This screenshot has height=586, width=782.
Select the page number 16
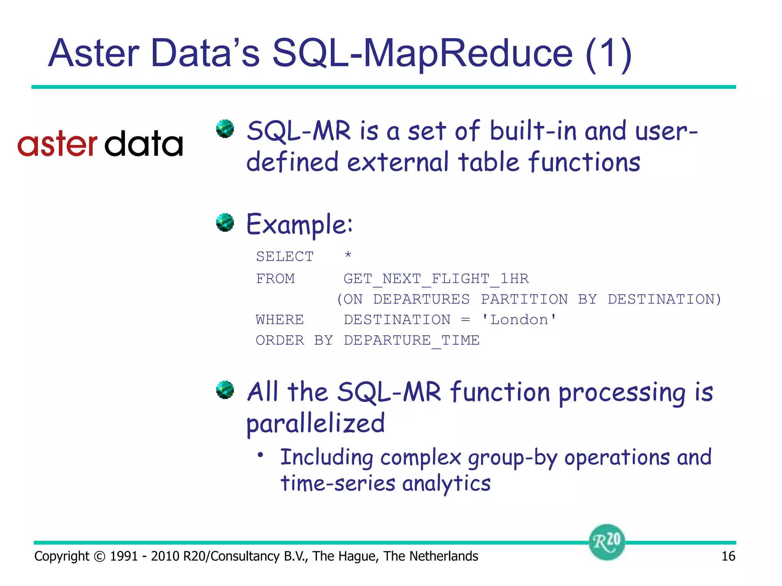coord(728,556)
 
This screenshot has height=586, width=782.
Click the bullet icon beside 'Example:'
coord(225,222)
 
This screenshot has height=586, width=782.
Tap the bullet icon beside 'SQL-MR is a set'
coord(225,129)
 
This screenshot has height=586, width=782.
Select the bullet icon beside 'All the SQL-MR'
coord(225,390)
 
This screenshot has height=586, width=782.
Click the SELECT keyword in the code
coord(284,257)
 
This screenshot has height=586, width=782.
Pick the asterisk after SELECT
coord(348,255)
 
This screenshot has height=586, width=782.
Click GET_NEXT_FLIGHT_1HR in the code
coord(436,279)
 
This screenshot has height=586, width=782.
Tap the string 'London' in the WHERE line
coord(519,320)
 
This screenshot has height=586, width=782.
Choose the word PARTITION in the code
coord(524,299)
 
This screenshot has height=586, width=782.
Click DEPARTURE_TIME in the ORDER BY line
coord(412,340)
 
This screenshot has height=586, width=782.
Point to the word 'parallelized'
coord(315,423)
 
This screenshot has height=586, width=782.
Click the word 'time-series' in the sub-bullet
coord(338,483)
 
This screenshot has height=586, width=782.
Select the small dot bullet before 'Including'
coord(260,455)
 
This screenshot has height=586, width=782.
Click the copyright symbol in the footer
coord(99,557)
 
